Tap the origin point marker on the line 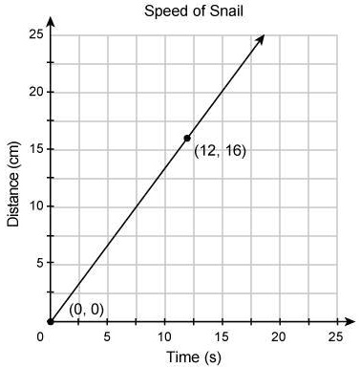click(50, 321)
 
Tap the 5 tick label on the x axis click(107, 336)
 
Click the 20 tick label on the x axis click(278, 336)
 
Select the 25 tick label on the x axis click(334, 336)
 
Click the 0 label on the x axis click(42, 336)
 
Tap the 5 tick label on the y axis click(35, 264)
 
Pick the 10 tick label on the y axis click(32, 206)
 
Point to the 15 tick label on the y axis click(32, 149)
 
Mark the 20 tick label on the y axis click(32, 92)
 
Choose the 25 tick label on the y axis click(32, 35)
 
